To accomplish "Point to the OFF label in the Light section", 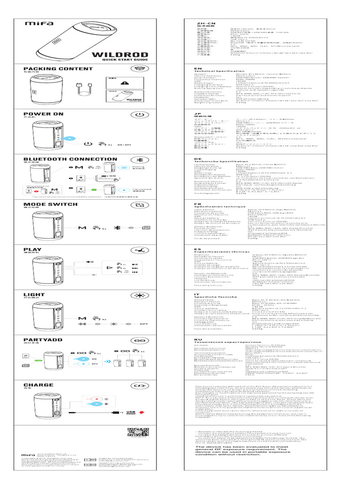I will click(143, 324).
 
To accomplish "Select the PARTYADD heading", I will click(42, 340).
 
